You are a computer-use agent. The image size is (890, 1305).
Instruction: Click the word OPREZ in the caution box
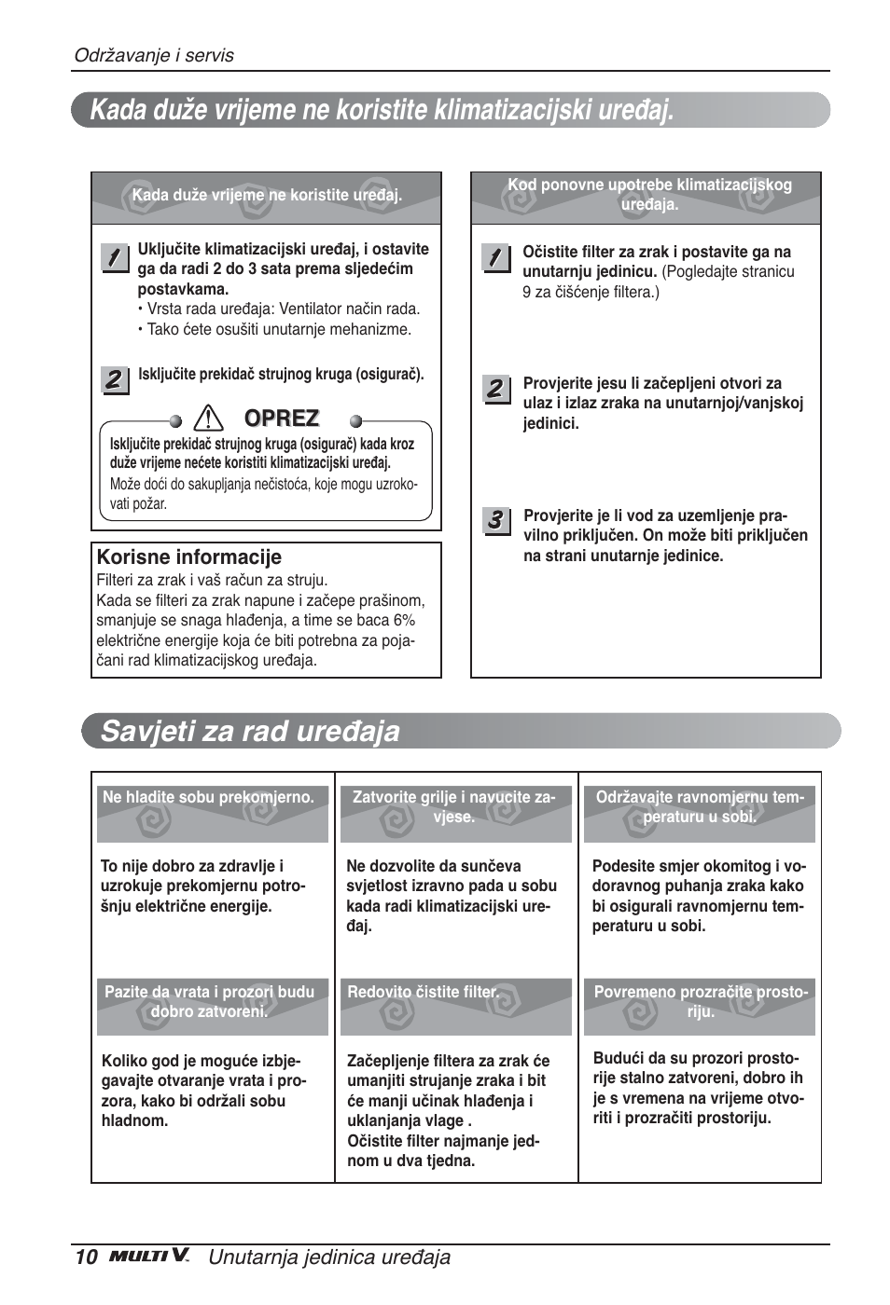[x=282, y=419]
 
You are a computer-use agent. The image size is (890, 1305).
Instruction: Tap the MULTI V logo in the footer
[x=149, y=1257]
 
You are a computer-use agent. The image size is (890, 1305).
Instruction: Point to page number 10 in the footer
[x=86, y=1257]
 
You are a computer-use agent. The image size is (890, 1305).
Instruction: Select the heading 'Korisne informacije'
[x=189, y=557]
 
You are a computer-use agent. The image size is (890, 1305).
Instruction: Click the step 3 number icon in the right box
[x=496, y=520]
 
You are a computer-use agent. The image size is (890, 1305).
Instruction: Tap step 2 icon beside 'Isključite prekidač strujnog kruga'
[x=114, y=378]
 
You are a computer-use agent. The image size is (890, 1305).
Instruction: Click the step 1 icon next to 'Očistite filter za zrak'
[x=496, y=256]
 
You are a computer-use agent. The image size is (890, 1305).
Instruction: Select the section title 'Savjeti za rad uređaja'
[x=250, y=731]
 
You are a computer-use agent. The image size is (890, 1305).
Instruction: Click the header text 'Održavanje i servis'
[x=154, y=55]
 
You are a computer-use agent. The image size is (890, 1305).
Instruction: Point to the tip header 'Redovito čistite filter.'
[x=423, y=992]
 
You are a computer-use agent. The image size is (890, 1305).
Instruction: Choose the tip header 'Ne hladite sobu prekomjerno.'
[x=208, y=797]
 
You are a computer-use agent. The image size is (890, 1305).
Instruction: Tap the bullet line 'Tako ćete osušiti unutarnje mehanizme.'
[x=278, y=329]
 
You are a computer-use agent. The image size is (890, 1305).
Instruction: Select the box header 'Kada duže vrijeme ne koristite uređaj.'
[x=267, y=196]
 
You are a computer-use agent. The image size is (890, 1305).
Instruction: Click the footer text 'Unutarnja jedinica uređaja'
[x=329, y=1257]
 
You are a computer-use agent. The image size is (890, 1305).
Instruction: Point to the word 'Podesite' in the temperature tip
[x=621, y=866]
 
